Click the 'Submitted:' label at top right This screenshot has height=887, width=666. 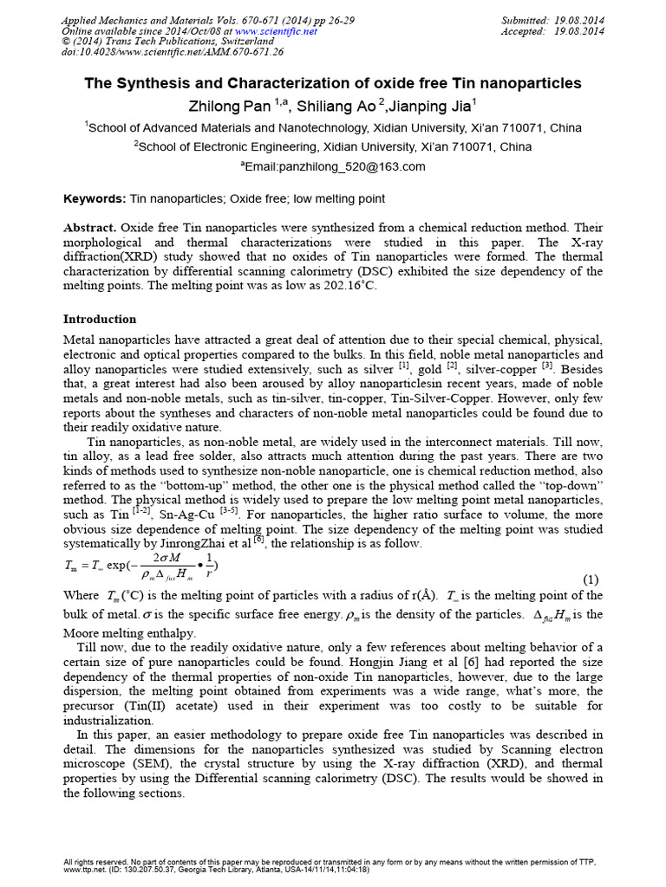pos(531,20)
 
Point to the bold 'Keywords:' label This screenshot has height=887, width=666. pos(95,199)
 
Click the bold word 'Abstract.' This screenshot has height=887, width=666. pos(89,227)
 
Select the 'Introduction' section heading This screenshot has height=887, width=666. pos(100,319)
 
